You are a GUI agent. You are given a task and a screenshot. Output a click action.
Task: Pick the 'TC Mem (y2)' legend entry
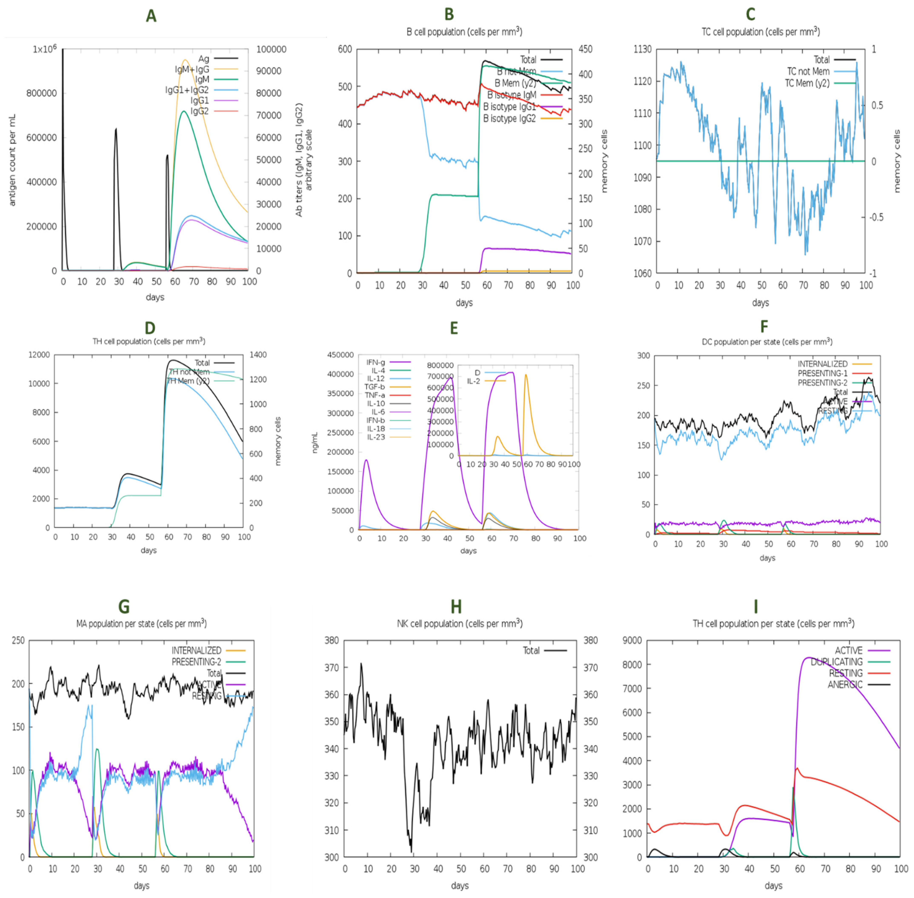807,83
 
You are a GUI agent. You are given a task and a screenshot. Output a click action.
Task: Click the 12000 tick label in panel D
39,355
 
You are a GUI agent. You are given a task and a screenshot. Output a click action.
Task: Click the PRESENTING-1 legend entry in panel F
822,373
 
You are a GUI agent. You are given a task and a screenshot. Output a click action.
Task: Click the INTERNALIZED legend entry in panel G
196,650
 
